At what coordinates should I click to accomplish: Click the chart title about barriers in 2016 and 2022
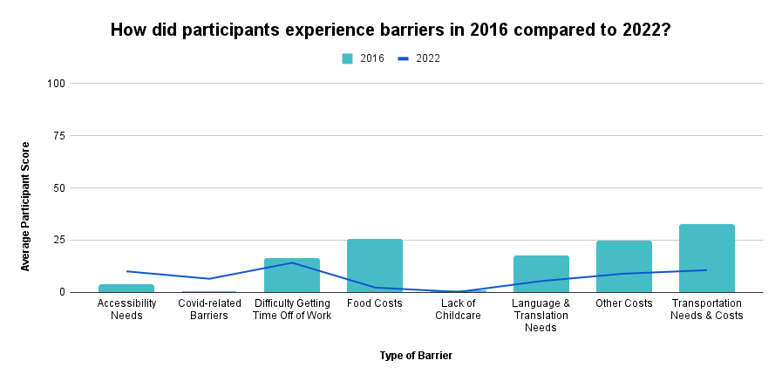(x=391, y=30)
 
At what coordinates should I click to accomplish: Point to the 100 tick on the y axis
(x=58, y=84)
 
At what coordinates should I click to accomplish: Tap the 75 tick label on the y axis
(x=60, y=136)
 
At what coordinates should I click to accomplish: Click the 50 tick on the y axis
(x=60, y=188)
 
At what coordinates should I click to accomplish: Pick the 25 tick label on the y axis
(x=60, y=241)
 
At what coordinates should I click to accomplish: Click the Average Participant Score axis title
(x=25, y=206)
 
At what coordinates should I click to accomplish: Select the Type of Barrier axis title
(x=416, y=356)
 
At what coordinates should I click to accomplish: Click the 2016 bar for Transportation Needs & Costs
(x=706, y=259)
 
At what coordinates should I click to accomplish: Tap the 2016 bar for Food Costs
(x=375, y=266)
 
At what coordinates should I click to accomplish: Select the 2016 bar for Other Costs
(x=623, y=267)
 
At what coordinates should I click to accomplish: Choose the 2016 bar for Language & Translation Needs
(x=541, y=274)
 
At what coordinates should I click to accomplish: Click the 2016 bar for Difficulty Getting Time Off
(x=292, y=276)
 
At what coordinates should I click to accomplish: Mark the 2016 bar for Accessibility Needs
(x=126, y=288)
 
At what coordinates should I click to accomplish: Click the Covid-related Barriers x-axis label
(x=209, y=310)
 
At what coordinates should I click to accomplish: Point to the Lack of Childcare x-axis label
(x=458, y=310)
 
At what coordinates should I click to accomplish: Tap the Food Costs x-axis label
(x=375, y=303)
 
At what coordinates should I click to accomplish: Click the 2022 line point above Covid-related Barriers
(x=209, y=279)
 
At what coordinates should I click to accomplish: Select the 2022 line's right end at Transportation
(x=706, y=270)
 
